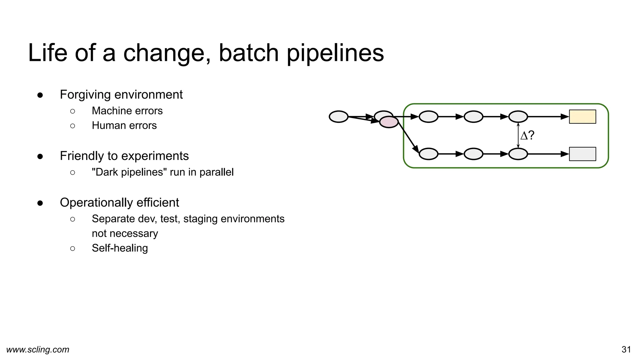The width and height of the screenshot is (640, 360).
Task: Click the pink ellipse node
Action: (x=389, y=122)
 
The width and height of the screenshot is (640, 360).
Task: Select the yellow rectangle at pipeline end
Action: (x=582, y=117)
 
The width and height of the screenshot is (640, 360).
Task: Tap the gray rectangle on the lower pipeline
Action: (x=582, y=154)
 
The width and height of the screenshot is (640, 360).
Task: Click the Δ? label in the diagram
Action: (x=527, y=135)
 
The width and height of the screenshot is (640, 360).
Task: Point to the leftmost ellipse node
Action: (x=338, y=117)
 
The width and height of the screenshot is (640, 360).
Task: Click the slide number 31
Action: (x=626, y=349)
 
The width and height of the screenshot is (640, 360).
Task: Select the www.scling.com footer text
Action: (x=38, y=349)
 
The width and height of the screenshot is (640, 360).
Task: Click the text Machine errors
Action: (x=127, y=111)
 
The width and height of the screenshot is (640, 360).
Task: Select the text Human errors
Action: (x=124, y=126)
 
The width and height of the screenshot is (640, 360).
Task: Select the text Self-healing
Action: (x=120, y=248)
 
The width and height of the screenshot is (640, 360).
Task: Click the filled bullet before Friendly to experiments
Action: (x=40, y=156)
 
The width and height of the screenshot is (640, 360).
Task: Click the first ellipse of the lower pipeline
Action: (x=428, y=154)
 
